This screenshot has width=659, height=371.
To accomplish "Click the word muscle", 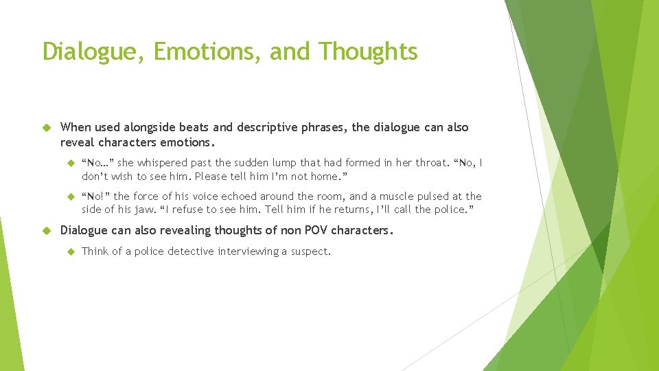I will (x=409, y=196).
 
